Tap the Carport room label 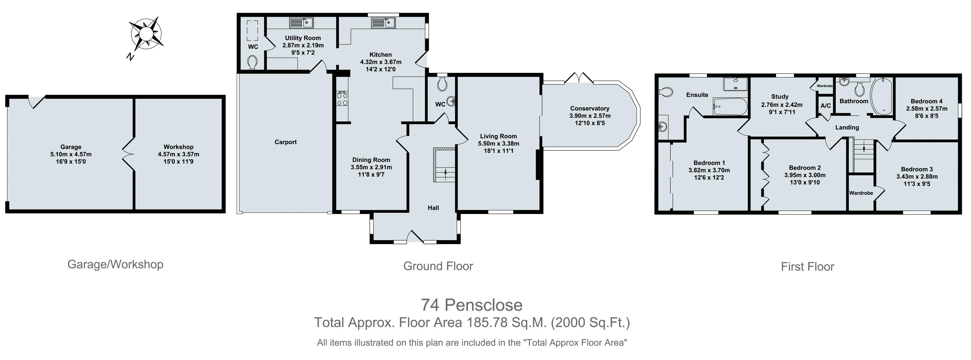point(285,142)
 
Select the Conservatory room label point(590,109)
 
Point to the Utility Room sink point(301,22)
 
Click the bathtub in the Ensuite point(730,107)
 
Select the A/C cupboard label point(826,106)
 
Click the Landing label point(847,127)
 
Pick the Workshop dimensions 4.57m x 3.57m point(179,154)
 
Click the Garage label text point(71,147)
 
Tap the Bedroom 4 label point(927,101)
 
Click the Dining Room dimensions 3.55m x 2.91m point(371,167)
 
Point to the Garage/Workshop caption point(115,265)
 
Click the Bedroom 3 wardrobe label point(861,193)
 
